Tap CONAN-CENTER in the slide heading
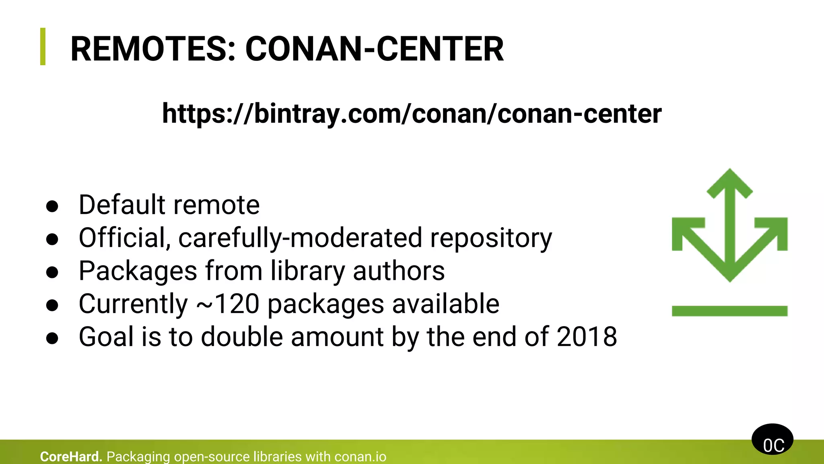374,49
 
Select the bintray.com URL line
412,114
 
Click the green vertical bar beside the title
43,46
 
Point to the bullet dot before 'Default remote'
52,206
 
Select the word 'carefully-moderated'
300,238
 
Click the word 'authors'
399,271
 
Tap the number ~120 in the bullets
228,304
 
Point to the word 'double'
242,337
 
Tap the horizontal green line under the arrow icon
729,311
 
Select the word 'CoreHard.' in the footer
71,457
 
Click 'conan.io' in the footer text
360,457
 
